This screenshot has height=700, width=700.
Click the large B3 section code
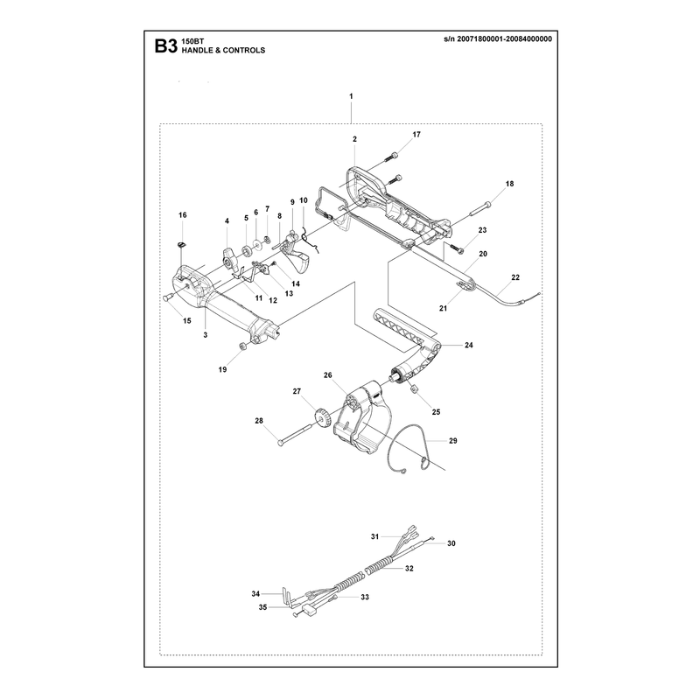166,46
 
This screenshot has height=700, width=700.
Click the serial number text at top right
498,38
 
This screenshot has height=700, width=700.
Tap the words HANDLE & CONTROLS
223,51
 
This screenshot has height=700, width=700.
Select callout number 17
416,135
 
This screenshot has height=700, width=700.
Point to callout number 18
509,184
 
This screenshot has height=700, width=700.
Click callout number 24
469,345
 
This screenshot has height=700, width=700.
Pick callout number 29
453,441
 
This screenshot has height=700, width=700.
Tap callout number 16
183,215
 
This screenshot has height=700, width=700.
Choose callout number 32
409,568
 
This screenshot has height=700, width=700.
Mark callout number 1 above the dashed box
352,96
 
